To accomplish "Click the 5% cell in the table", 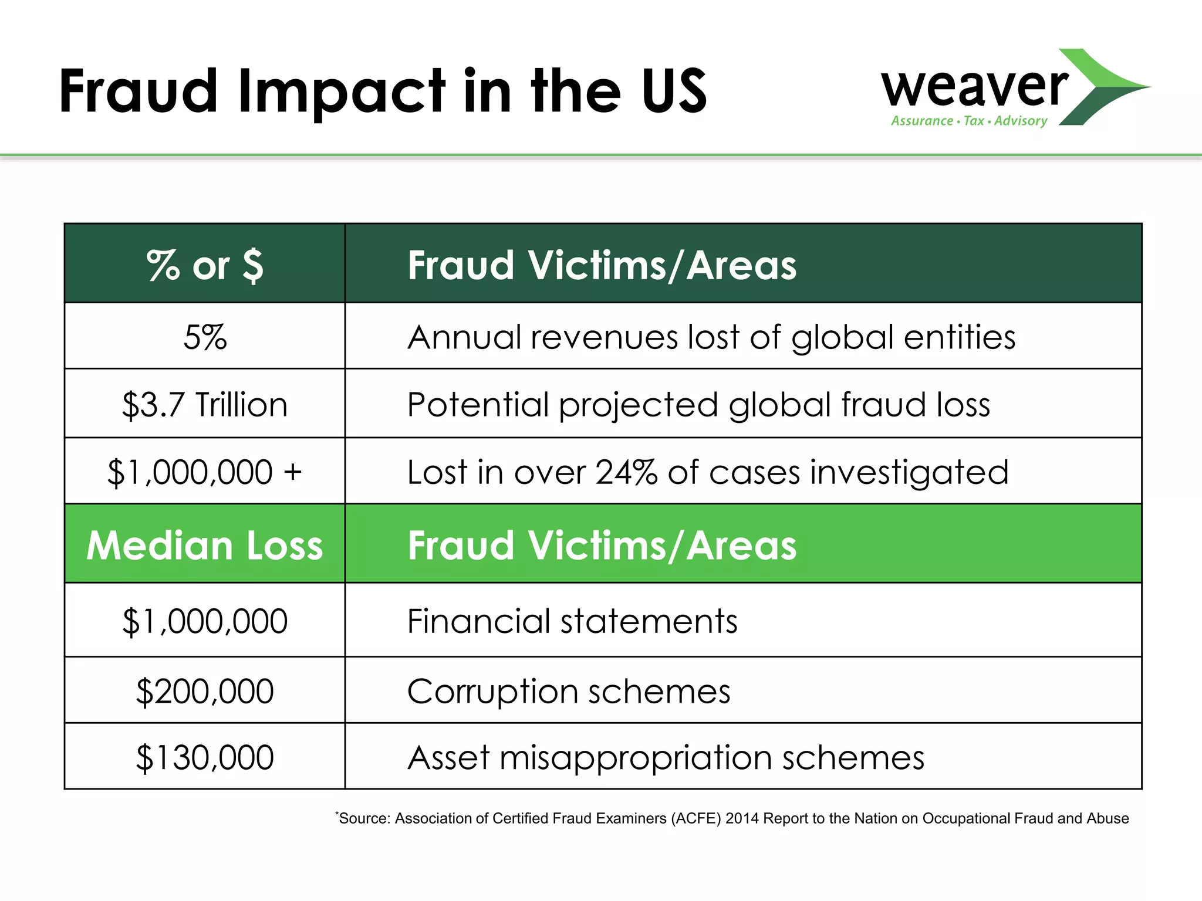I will (205, 337).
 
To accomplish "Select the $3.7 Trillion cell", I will (205, 405).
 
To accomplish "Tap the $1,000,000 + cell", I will (205, 472).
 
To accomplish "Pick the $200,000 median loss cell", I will (205, 691).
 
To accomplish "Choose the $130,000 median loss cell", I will (205, 757).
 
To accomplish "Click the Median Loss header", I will (205, 546).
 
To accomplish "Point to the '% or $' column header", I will (205, 265).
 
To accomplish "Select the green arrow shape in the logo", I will (1103, 87).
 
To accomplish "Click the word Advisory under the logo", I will (1021, 121).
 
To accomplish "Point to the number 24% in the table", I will (626, 472).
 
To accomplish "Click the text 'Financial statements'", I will (572, 621).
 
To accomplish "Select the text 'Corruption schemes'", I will (569, 691).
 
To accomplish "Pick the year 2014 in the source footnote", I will (742, 818).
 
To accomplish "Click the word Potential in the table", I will (478, 405).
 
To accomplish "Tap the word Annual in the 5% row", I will (464, 337).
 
